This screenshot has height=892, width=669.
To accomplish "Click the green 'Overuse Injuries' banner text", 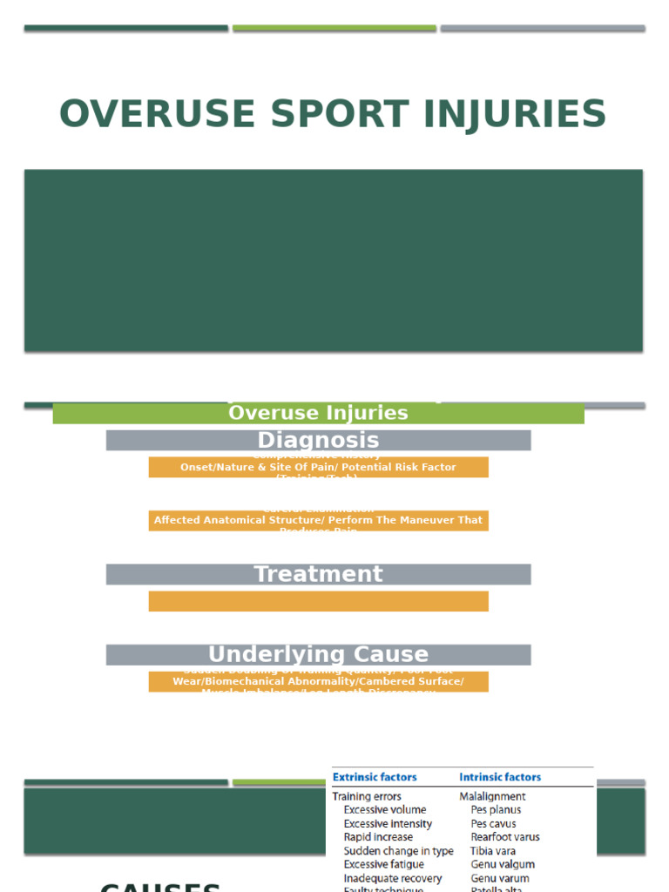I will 318,413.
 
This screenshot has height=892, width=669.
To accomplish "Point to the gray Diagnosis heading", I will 318,440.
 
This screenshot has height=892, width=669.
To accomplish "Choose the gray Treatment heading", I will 318,574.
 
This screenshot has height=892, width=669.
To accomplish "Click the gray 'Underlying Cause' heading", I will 318,654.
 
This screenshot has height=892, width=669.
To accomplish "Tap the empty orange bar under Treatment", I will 318,601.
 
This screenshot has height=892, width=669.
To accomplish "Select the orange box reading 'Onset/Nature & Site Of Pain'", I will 318,467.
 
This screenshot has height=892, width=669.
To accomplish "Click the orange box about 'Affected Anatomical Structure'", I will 318,520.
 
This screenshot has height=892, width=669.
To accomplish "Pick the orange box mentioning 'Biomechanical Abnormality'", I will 318,681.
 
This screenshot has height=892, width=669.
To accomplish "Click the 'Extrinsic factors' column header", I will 375,777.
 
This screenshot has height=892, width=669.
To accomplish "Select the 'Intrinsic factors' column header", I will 500,777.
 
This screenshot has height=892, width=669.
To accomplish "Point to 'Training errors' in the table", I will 367,796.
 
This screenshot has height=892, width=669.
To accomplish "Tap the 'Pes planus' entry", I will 496,810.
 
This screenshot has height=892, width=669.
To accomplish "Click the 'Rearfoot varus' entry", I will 505,837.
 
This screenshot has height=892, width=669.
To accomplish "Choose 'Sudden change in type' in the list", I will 398,851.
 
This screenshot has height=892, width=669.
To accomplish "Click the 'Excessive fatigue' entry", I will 384,864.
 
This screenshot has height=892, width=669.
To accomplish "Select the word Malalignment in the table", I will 493,796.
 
